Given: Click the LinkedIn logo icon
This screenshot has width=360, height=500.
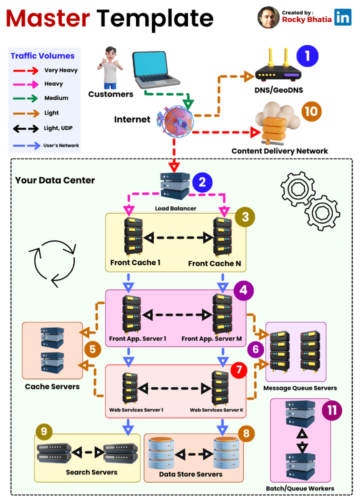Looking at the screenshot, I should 343,17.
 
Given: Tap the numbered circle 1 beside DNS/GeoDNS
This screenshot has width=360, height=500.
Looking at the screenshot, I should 307,55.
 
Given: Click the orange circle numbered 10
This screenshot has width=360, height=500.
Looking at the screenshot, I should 311,110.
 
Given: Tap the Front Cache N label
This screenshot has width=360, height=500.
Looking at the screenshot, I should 214,263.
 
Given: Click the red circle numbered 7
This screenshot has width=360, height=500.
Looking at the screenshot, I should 238,371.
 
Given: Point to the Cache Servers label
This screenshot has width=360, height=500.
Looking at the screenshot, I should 52,386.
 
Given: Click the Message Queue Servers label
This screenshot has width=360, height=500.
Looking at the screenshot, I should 300,387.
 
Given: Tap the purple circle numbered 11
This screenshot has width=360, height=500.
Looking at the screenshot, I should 330,411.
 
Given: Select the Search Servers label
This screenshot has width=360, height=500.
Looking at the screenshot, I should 91,472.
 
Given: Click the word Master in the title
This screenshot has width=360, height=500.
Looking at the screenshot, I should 48,19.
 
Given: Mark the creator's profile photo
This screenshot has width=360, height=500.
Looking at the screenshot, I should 268,17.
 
